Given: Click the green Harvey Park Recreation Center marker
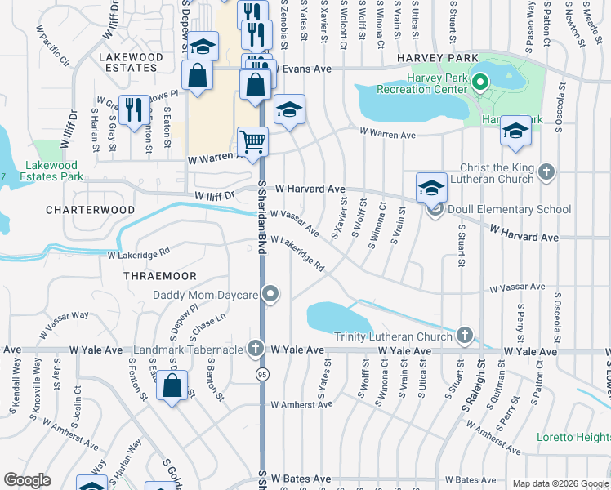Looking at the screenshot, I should (x=480, y=82).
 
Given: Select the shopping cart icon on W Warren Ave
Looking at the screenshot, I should (x=253, y=141).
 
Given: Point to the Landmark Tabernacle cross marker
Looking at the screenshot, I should (x=256, y=349).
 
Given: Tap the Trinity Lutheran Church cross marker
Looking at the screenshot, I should (x=465, y=336).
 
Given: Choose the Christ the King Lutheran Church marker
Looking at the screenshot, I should (x=546, y=172).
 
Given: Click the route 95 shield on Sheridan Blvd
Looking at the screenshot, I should (x=262, y=374).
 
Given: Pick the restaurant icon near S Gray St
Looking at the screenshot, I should (x=135, y=109).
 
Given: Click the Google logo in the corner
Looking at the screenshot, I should (x=27, y=480).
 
